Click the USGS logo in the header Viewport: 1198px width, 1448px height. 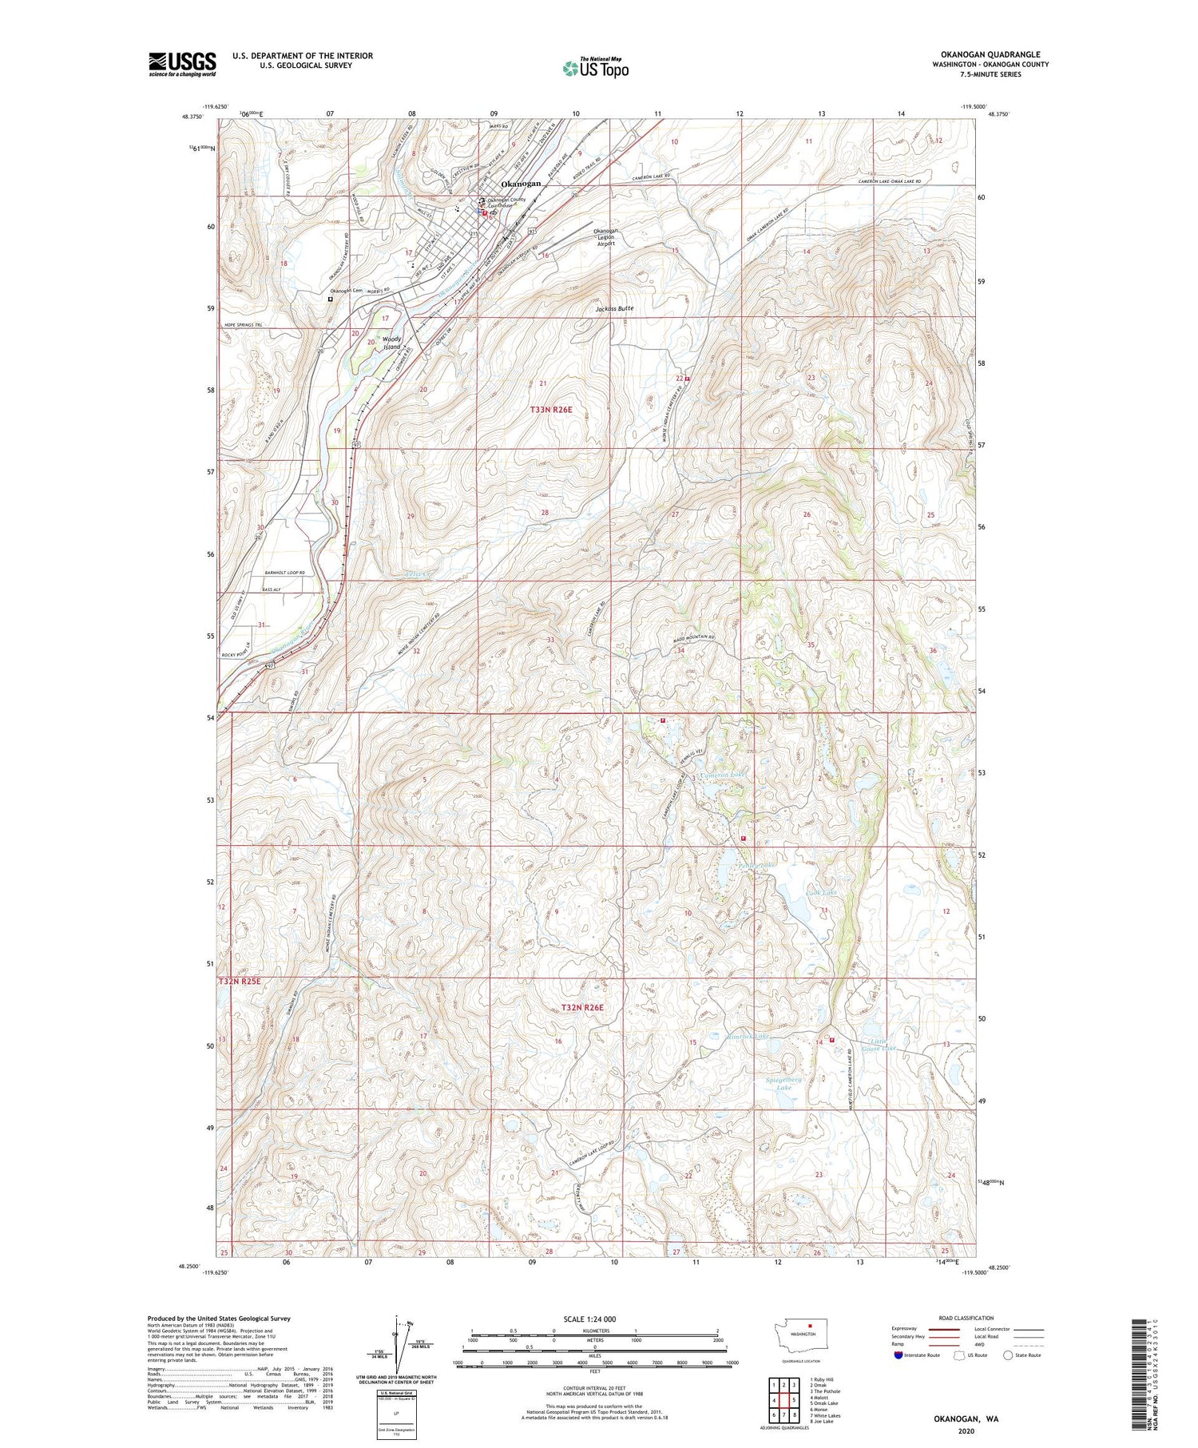pos(182,63)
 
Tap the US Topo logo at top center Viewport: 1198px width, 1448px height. pos(596,69)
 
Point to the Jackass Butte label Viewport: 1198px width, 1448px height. pos(614,308)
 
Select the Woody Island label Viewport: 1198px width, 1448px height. pos(391,343)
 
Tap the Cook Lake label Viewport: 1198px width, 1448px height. pos(822,892)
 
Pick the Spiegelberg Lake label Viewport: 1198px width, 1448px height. pos(783,1084)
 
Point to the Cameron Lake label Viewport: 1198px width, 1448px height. pos(722,776)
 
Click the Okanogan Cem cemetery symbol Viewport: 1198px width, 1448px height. pos(330,300)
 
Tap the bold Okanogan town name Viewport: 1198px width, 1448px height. pos(521,184)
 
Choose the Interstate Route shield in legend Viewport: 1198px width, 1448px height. pos(898,1355)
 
